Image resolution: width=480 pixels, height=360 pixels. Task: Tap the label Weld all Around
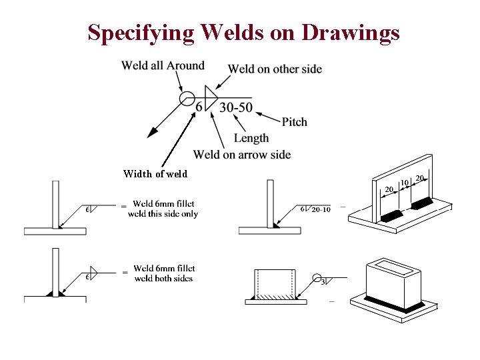pyautogui.click(x=163, y=65)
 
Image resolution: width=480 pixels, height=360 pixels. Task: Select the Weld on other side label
pyautogui.click(x=275, y=69)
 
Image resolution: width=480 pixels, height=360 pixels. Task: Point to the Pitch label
pyautogui.click(x=294, y=122)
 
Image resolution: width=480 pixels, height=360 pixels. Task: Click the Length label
pyautogui.click(x=251, y=138)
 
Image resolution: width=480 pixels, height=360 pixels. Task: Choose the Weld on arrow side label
pyautogui.click(x=241, y=155)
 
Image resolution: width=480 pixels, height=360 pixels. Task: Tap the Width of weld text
pyautogui.click(x=155, y=174)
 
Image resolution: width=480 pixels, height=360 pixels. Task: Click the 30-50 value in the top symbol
pyautogui.click(x=235, y=107)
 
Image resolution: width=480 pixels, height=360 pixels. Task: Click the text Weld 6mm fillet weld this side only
pyautogui.click(x=163, y=209)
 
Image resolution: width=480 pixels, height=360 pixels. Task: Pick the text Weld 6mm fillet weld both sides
pyautogui.click(x=163, y=273)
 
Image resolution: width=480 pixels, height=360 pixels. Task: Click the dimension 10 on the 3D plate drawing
pyautogui.click(x=404, y=182)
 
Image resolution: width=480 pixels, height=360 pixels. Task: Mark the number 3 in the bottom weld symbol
pyautogui.click(x=323, y=282)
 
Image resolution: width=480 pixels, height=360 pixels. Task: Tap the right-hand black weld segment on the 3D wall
pyautogui.click(x=425, y=201)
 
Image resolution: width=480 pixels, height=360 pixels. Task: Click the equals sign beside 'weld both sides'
pyautogui.click(x=123, y=273)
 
